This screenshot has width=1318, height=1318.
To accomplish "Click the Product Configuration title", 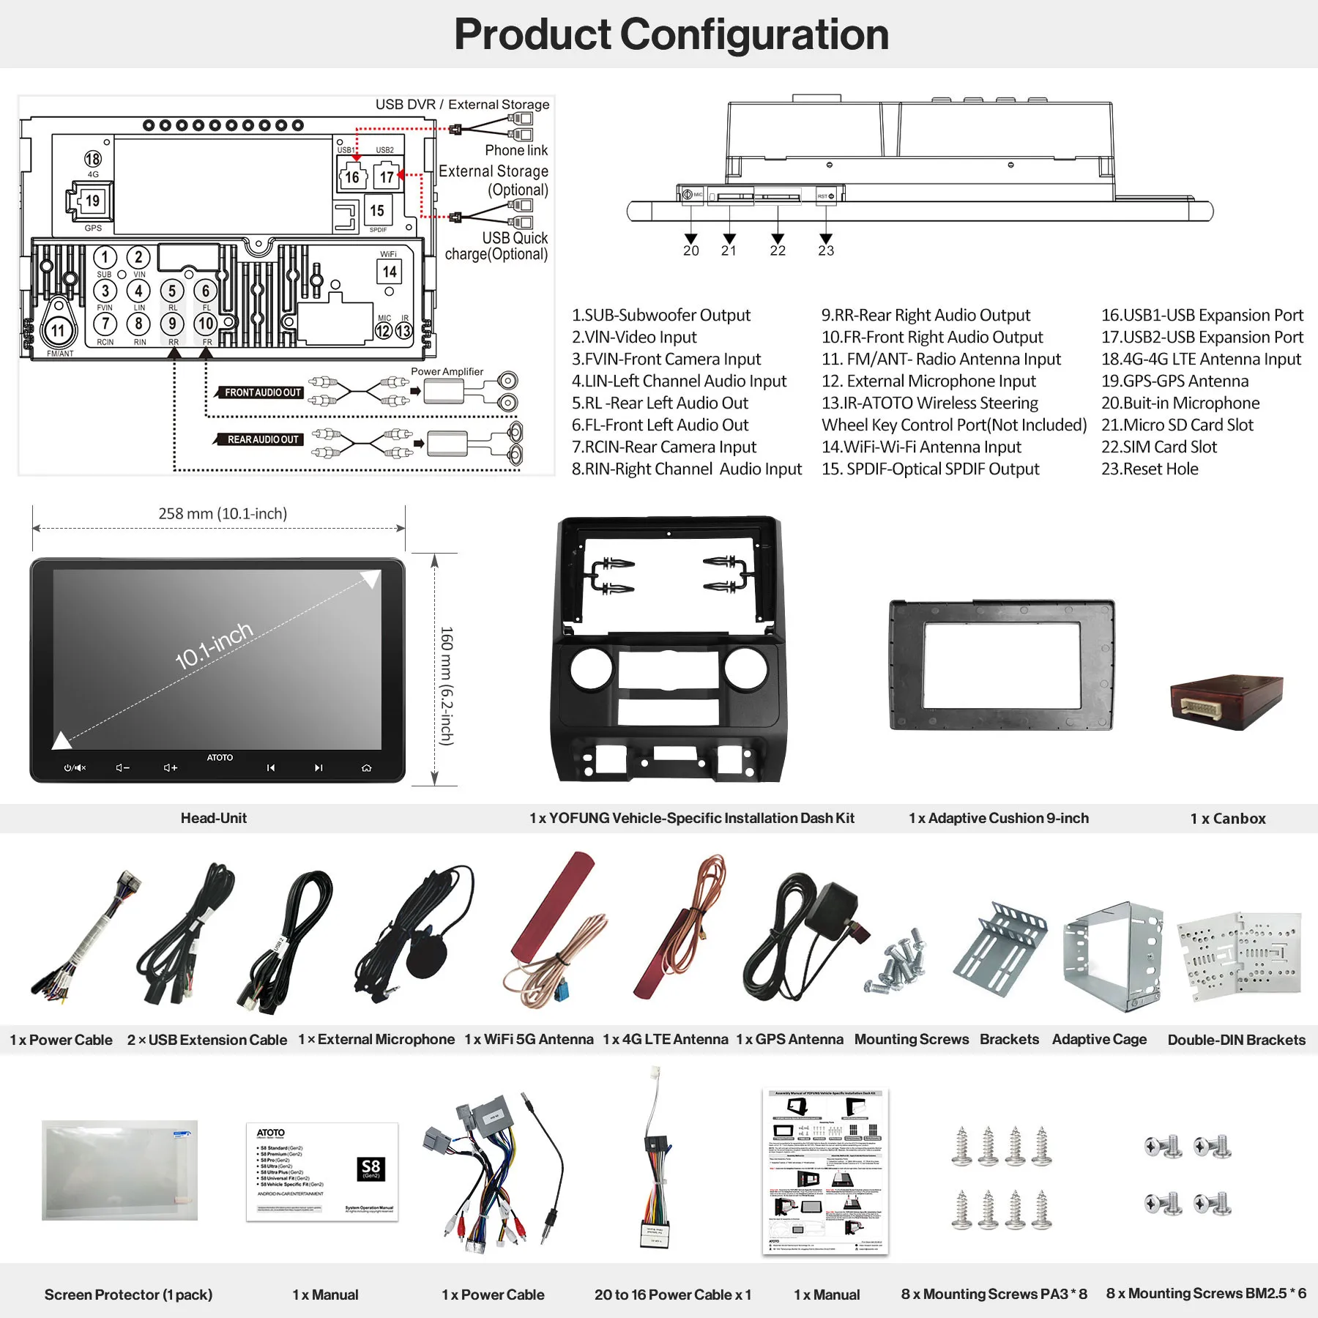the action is [x=671, y=34].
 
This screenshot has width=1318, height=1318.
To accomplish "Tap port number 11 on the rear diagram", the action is [x=58, y=331].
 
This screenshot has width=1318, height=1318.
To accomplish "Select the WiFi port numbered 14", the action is [x=390, y=272].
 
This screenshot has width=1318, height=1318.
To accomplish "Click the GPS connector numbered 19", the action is [x=92, y=201].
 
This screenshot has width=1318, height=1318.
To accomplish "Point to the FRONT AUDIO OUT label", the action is [x=262, y=392].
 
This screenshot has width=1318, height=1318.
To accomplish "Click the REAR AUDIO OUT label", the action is [x=262, y=439].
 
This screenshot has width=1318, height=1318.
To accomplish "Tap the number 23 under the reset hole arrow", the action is [x=826, y=250].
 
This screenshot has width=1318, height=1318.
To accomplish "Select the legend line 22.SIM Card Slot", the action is [x=1158, y=447].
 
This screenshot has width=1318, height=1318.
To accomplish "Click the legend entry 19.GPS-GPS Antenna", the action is [x=1174, y=381].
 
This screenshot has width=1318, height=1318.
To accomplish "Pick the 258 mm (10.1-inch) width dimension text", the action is [x=223, y=513].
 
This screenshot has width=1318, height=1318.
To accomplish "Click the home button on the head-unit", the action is [x=366, y=768].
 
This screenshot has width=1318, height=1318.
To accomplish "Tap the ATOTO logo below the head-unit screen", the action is [x=220, y=757].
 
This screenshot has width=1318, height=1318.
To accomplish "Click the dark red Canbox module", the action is [x=1226, y=701].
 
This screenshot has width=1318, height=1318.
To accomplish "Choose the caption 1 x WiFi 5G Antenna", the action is [x=529, y=1039].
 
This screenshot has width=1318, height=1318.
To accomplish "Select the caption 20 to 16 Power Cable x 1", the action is [x=672, y=1295].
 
